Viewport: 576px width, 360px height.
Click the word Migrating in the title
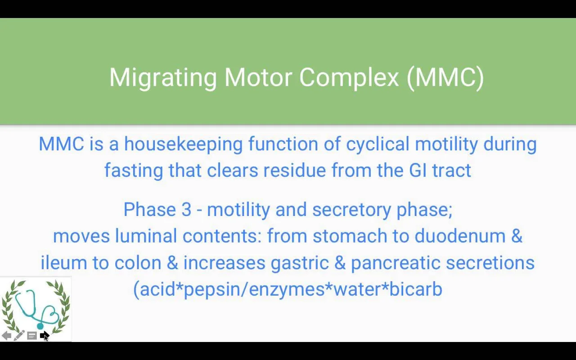coord(163,78)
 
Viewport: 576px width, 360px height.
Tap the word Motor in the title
coord(258,77)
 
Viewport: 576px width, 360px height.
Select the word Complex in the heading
coord(349,78)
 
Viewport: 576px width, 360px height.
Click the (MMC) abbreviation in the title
coord(445,78)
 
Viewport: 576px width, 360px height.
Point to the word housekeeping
coord(184,144)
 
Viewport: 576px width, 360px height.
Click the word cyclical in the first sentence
coord(378,144)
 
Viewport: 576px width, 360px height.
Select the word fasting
coord(134,171)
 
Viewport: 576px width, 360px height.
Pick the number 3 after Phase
coord(186,210)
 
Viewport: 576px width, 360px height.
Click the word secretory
coord(351,210)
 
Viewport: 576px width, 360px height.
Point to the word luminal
coord(146,236)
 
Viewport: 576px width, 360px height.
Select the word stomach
coord(350,236)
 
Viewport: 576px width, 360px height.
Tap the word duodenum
coord(460,236)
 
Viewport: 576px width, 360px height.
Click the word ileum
coord(64,262)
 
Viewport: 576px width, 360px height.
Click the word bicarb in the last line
coord(415,289)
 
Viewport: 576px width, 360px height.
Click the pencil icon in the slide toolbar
coord(19,335)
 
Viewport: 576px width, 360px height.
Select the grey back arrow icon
coord(6,336)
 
